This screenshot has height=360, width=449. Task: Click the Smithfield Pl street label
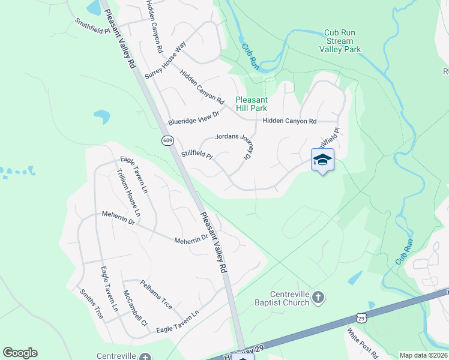pos(92,26)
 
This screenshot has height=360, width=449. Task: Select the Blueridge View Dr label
pos(194,116)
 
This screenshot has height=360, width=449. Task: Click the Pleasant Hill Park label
pos(259,104)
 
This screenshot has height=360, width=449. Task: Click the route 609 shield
pos(167,140)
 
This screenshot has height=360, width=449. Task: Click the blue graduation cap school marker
pos(322,160)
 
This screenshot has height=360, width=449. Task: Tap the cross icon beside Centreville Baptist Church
pos(319,296)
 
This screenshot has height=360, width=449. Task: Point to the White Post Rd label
pos(360,342)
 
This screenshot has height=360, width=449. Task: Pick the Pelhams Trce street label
pos(156,295)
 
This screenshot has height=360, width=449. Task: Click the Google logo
pos(20,353)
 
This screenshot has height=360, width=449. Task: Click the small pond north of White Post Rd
pos(355,277)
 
